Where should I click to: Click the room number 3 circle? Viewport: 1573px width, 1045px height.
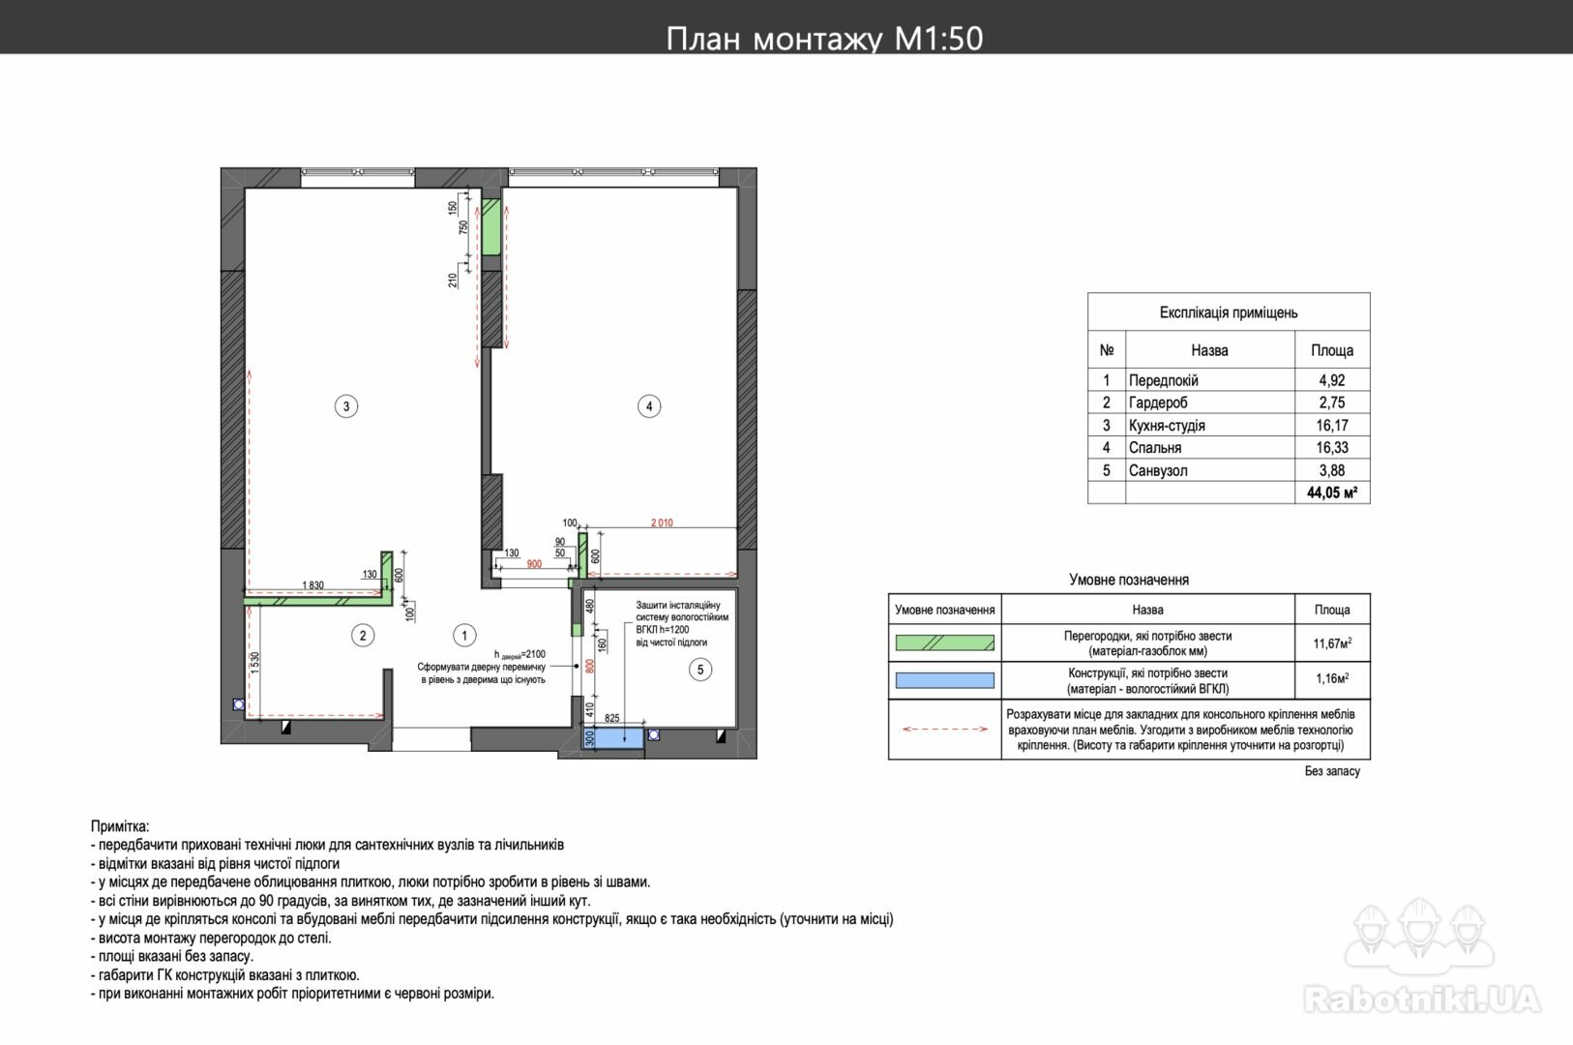click(x=346, y=406)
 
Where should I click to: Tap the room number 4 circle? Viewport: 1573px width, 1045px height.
click(x=649, y=406)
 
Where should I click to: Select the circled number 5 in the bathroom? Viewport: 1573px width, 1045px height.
click(x=700, y=670)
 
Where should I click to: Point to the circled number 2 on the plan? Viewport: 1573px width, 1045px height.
click(x=363, y=636)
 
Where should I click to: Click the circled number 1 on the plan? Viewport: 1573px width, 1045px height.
click(x=464, y=636)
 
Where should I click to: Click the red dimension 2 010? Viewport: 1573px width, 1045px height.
click(x=662, y=522)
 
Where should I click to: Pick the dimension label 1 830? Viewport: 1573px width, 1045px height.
click(x=312, y=585)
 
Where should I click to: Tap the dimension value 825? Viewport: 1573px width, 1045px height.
click(x=612, y=718)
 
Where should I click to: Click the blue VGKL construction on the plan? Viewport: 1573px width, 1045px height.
click(x=612, y=737)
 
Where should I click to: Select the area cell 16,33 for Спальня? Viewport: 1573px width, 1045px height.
click(x=1331, y=447)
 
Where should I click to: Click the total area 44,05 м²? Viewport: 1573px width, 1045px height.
click(x=1331, y=493)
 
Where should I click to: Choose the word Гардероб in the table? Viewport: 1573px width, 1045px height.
click(x=1158, y=403)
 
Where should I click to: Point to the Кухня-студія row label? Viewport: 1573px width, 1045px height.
click(x=1167, y=425)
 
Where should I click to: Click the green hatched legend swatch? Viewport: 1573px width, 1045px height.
click(x=944, y=642)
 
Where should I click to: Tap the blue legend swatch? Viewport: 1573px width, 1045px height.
click(x=944, y=680)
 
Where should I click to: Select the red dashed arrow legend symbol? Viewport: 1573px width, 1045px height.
click(x=944, y=729)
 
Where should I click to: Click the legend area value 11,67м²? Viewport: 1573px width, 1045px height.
click(x=1332, y=642)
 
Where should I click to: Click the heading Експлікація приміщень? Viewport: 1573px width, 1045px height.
click(x=1229, y=313)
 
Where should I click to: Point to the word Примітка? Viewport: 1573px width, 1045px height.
click(x=120, y=826)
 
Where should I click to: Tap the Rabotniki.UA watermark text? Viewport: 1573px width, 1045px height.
click(x=1421, y=999)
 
